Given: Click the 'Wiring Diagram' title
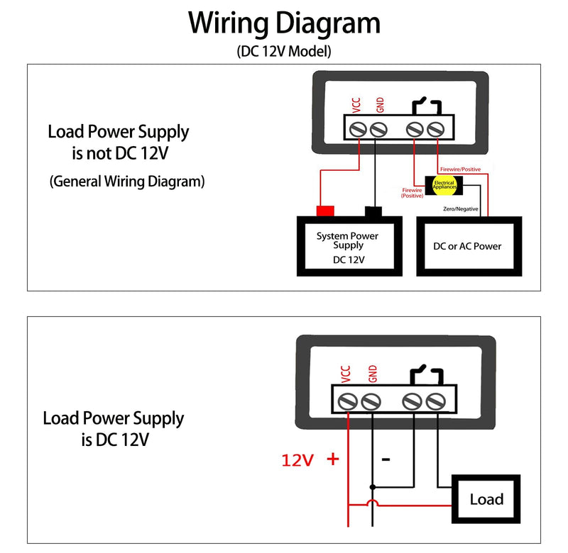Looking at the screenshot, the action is click(x=284, y=24).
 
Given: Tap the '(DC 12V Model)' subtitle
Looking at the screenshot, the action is click(x=284, y=51).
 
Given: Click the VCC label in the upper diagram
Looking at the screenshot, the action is click(x=356, y=105).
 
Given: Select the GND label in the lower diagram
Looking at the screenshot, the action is click(x=372, y=373).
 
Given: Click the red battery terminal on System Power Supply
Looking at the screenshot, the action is click(x=325, y=211).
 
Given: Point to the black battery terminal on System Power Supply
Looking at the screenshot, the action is click(x=373, y=211).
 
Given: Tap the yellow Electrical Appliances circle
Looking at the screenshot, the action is click(x=444, y=185).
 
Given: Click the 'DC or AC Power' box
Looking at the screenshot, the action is click(x=469, y=246).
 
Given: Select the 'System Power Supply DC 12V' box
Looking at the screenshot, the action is click(x=349, y=246).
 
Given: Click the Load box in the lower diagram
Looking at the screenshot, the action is click(x=486, y=499).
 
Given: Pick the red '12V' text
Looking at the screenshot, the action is click(x=297, y=460).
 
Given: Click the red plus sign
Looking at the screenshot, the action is click(x=333, y=459).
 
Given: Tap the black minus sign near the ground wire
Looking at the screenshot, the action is click(x=386, y=459).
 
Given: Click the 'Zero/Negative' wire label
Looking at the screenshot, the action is click(x=460, y=208).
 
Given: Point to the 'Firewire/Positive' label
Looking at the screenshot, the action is click(x=460, y=169).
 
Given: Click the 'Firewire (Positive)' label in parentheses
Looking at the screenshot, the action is click(x=413, y=193).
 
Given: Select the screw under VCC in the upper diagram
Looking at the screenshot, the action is click(x=358, y=129).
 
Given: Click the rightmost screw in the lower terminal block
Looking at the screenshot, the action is click(x=435, y=401).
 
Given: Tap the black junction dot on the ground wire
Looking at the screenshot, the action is click(x=372, y=487).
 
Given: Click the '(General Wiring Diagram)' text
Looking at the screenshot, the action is click(x=127, y=181).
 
